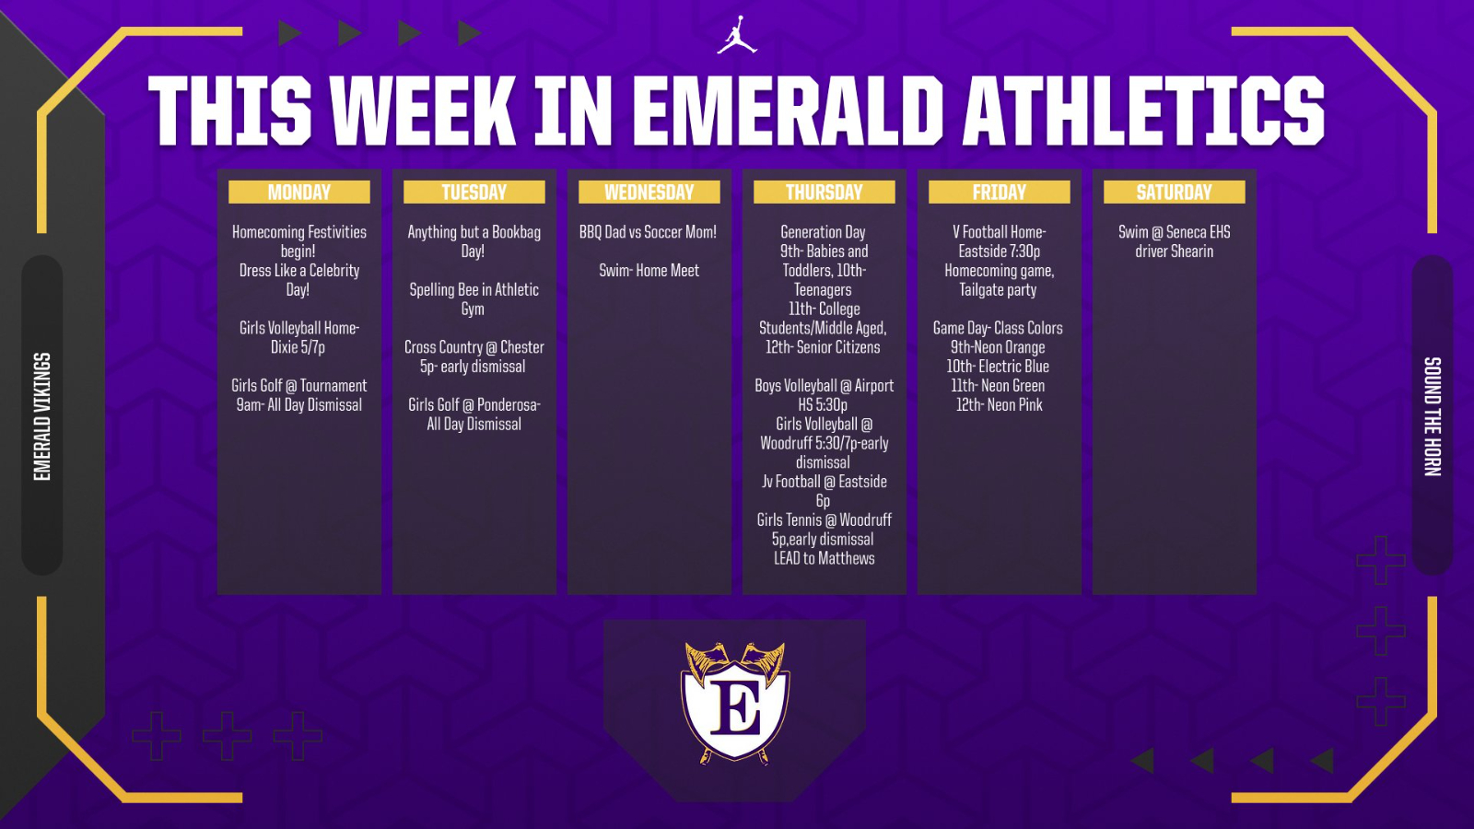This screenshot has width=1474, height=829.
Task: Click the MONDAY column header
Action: (x=299, y=192)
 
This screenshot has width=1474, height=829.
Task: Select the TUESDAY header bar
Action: (x=474, y=192)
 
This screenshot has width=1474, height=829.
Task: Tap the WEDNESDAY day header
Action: (x=649, y=192)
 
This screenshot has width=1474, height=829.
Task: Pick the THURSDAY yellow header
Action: (x=825, y=192)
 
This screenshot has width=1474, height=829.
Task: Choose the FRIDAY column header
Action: (x=1000, y=192)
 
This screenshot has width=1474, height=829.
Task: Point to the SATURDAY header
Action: (x=1175, y=192)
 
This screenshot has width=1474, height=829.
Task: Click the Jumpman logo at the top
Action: (x=737, y=35)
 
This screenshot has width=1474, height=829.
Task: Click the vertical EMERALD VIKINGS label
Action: (x=42, y=415)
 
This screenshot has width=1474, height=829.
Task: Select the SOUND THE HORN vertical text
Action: (x=1432, y=415)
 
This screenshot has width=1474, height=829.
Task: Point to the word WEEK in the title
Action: (x=424, y=111)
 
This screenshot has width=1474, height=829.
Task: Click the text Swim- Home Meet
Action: (x=649, y=271)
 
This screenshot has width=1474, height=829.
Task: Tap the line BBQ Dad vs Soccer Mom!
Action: (x=649, y=232)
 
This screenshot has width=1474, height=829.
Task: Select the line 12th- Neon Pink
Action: (x=1000, y=404)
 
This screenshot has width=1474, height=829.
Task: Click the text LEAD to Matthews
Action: (x=825, y=558)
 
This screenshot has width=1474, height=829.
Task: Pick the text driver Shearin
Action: (x=1175, y=251)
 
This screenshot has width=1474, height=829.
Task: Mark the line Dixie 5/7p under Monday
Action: (x=298, y=347)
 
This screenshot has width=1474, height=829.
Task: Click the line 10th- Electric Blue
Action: (x=999, y=367)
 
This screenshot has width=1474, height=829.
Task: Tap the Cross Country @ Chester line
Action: (x=474, y=347)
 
